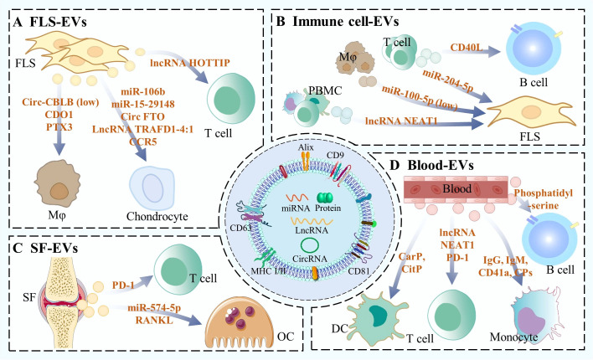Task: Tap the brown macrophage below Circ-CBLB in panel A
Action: (58, 183)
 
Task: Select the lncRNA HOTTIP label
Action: (190, 63)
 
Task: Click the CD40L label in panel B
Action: (467, 48)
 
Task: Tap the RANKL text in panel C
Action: (154, 320)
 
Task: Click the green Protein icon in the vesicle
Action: (325, 198)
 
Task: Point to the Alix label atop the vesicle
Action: (306, 147)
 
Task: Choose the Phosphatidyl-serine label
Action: (544, 199)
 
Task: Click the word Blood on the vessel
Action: (456, 188)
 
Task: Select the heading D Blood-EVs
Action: (431, 165)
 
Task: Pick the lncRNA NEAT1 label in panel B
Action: (401, 121)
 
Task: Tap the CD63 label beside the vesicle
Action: (240, 228)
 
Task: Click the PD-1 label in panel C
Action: (123, 285)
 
